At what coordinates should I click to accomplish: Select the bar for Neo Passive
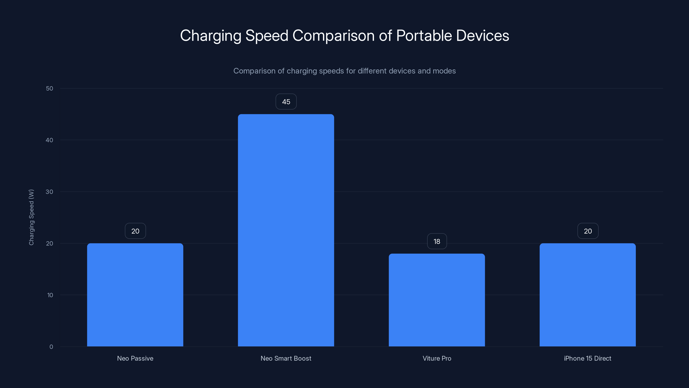coord(135,294)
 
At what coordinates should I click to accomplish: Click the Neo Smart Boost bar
coord(286,230)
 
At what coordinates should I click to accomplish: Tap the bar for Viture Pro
coord(437,300)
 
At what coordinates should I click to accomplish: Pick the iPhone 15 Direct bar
coord(588,294)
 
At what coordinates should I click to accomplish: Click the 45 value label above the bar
coord(286,102)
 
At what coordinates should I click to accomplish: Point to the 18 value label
coord(437,241)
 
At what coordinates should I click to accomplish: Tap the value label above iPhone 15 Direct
coord(588,231)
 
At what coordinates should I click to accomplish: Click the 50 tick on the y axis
coord(50,88)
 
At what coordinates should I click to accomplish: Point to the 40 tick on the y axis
coord(50,140)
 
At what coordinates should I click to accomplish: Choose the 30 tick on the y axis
coord(50,192)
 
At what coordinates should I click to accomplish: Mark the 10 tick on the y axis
coord(50,295)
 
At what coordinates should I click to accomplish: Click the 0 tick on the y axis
coord(51,347)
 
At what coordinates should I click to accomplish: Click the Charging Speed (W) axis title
coord(31,217)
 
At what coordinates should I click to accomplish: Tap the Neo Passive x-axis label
coord(135,358)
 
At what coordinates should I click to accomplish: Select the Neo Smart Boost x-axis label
coord(286,358)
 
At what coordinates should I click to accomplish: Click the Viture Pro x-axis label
coord(437,358)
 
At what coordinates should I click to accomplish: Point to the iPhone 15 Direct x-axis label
coord(587,358)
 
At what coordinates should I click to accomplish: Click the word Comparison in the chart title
coord(333,36)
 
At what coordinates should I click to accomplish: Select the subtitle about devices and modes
coord(344,71)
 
